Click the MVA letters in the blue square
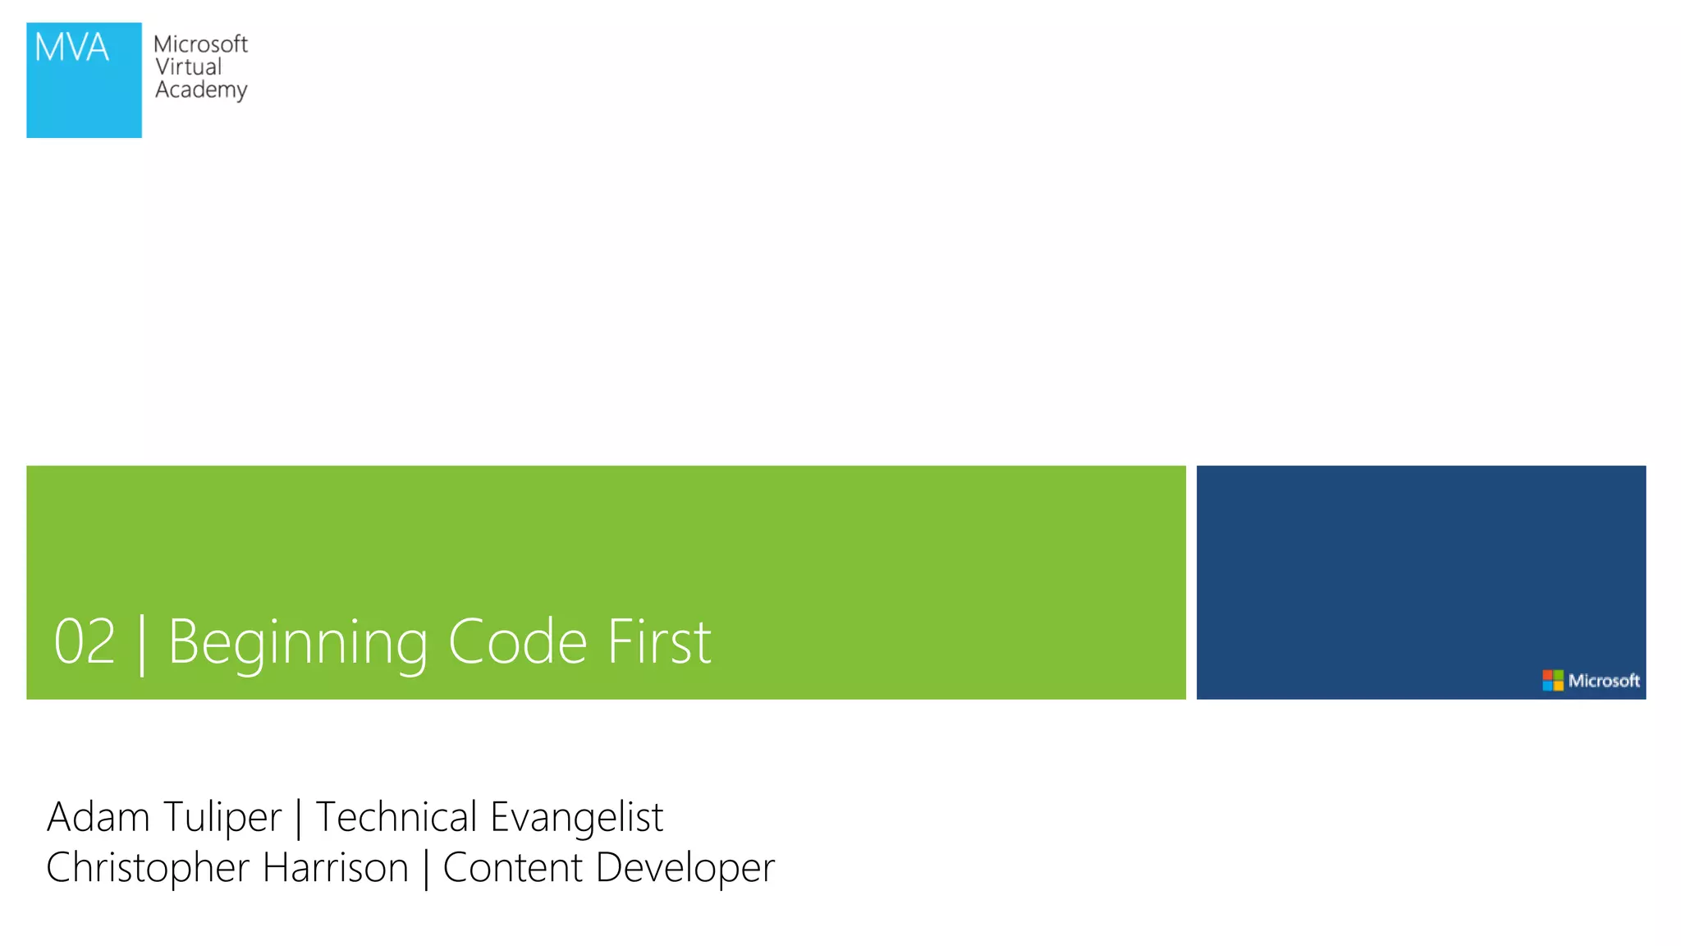coord(71,48)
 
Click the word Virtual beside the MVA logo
coord(188,67)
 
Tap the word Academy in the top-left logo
coord(201,90)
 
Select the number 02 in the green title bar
coord(84,642)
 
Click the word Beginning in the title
coord(298,642)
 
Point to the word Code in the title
coord(517,642)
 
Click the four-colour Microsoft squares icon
coord(1553,680)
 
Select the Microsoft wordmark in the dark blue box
coord(1604,681)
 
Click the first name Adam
coord(98,817)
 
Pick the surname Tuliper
coord(222,817)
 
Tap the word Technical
coord(396,817)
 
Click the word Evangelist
coord(576,817)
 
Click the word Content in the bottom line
coord(512,868)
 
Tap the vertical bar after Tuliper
coord(298,820)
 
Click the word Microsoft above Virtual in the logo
coord(200,44)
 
